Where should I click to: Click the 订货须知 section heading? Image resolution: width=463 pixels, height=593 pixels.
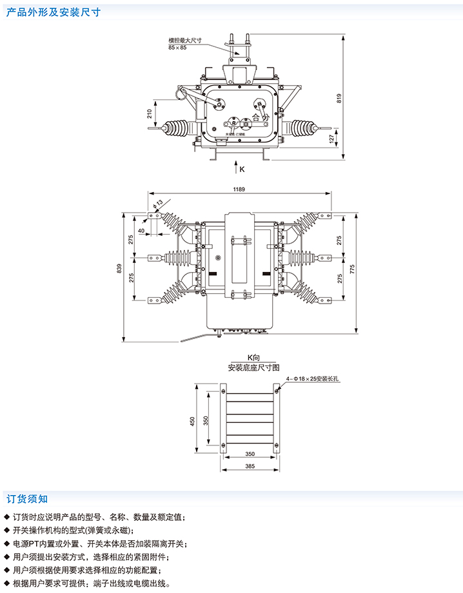27,498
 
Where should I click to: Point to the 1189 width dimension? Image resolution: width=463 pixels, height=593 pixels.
239,190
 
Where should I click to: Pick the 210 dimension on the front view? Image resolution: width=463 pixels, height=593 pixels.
149,114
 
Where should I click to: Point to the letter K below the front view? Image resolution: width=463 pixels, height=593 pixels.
242,170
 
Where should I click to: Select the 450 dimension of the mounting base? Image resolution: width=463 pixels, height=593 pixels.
192,421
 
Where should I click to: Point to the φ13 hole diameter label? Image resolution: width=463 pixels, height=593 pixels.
158,206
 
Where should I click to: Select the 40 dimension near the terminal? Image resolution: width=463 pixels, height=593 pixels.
141,229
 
